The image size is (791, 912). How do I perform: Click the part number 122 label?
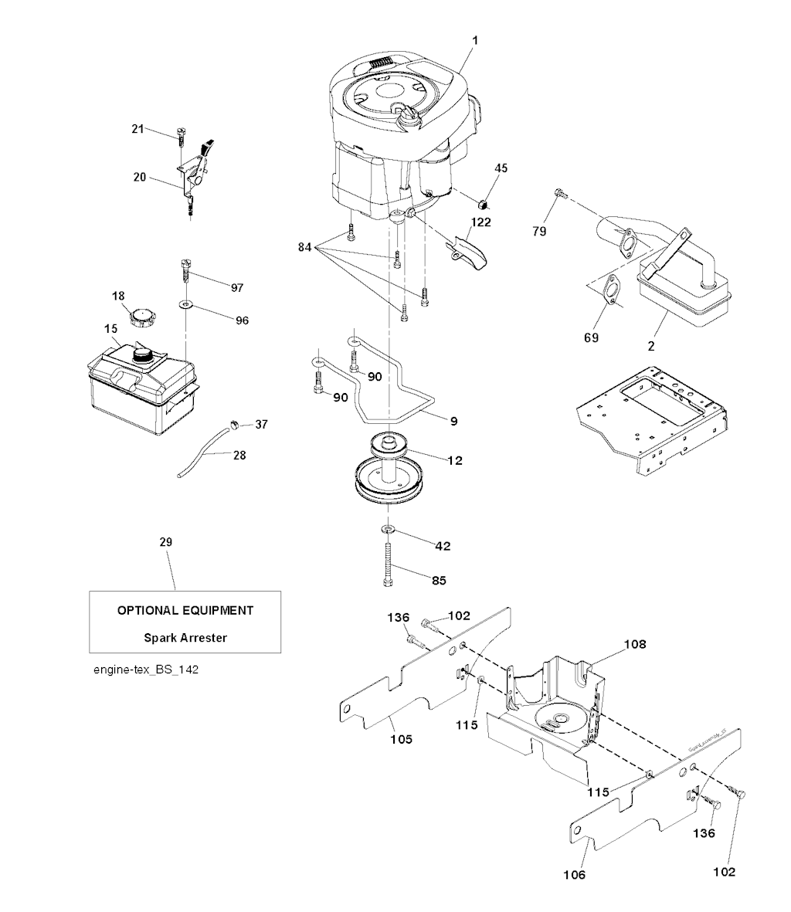point(481,222)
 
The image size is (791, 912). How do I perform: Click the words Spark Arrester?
point(185,638)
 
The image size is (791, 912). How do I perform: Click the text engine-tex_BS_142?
point(146,670)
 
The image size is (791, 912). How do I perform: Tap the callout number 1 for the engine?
point(475,39)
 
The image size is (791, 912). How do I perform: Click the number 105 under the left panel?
point(401,739)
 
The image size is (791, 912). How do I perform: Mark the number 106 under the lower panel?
point(574,875)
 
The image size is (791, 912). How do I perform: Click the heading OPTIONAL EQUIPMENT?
point(185,610)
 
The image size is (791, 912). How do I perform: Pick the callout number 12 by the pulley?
point(455,460)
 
